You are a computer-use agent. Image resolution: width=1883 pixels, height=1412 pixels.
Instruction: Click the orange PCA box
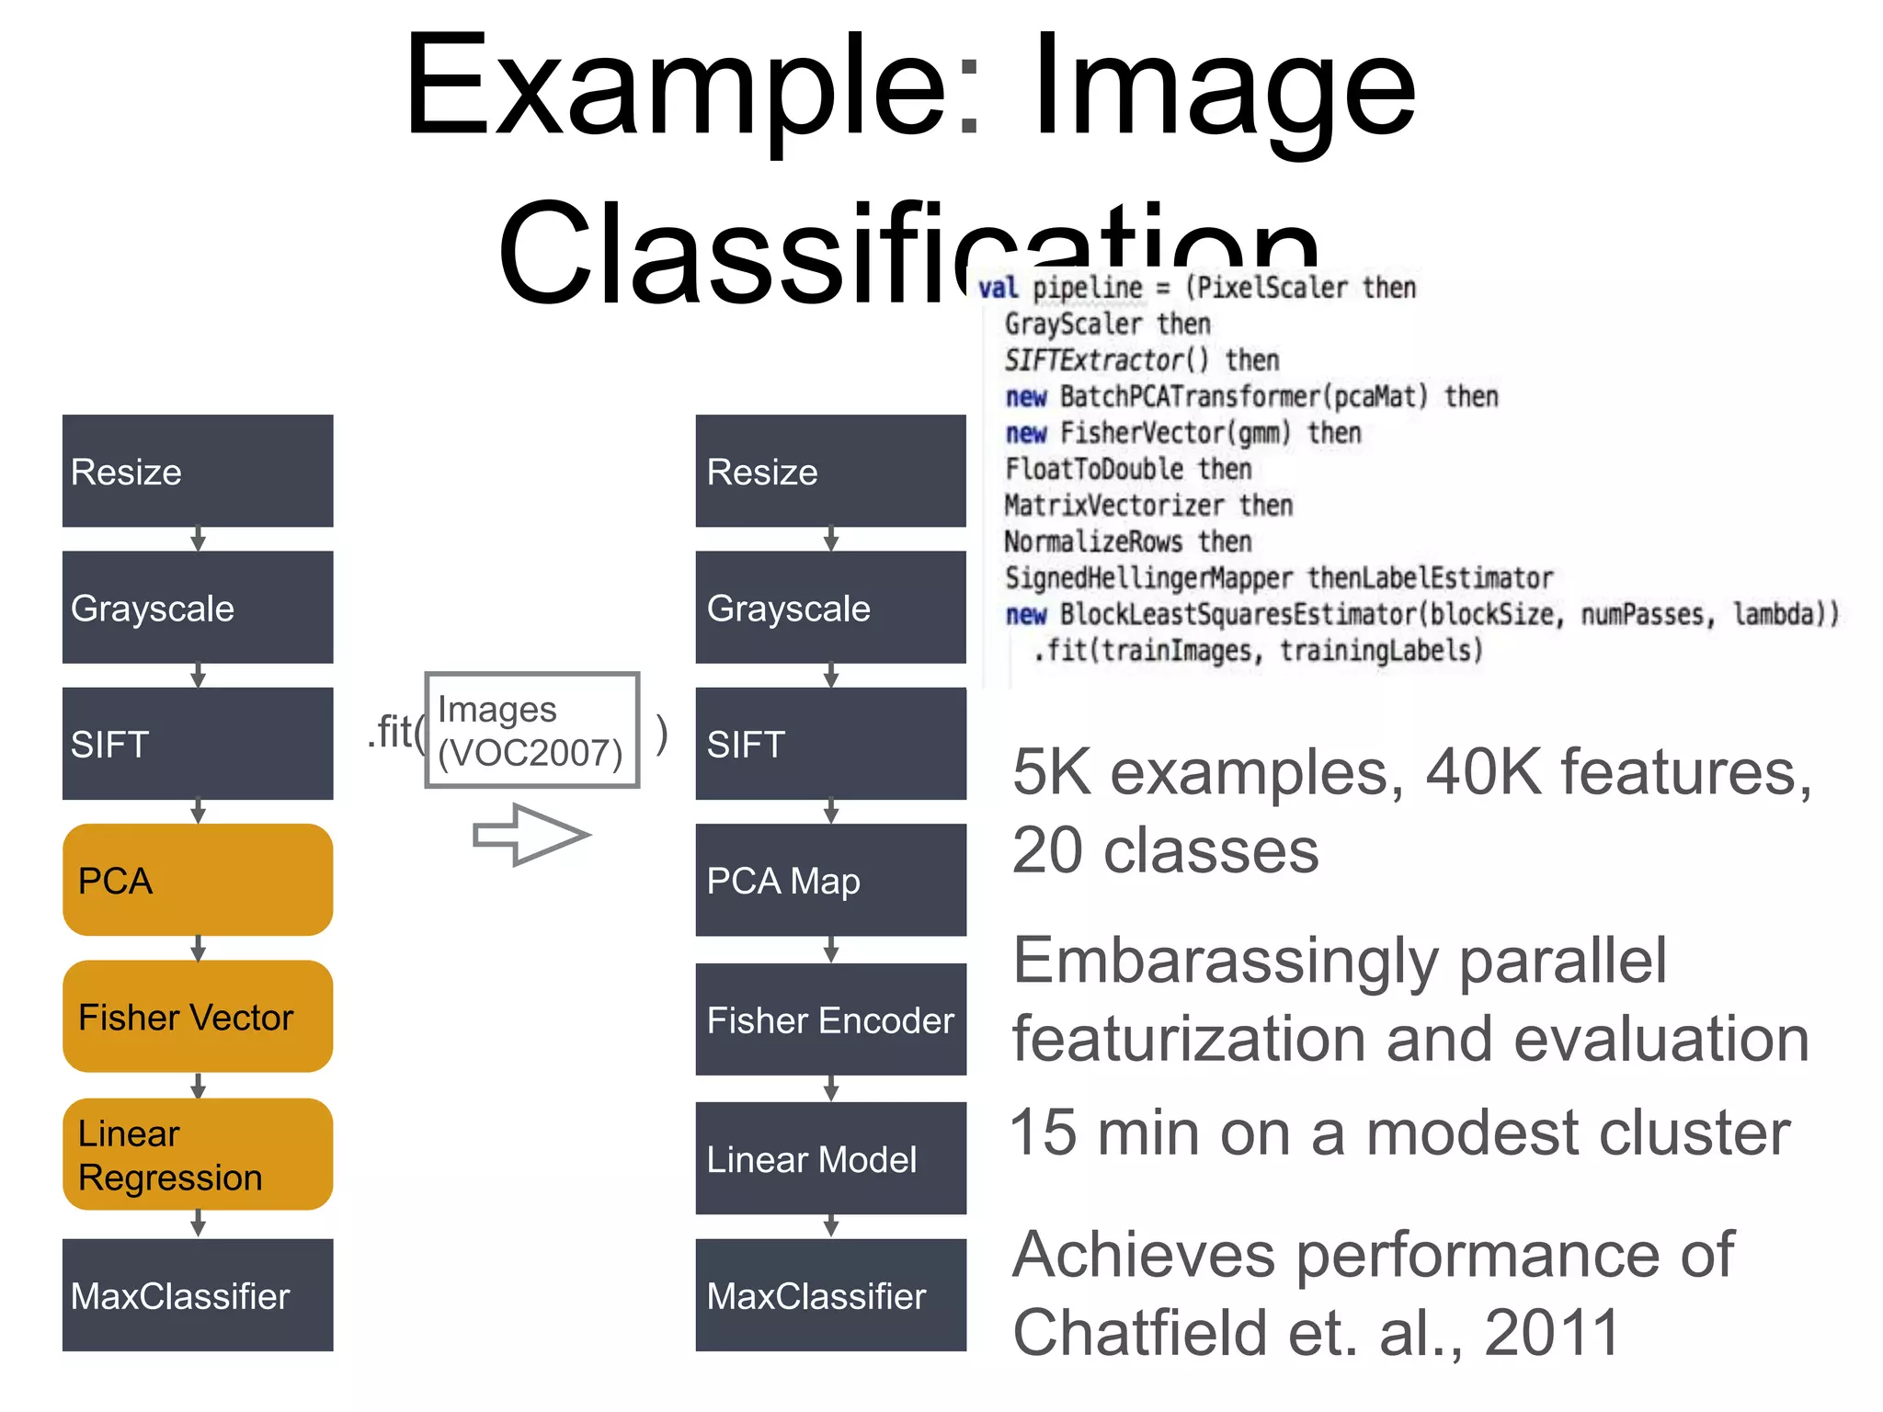point(198,880)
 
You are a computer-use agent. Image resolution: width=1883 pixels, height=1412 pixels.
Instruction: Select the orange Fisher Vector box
point(198,1017)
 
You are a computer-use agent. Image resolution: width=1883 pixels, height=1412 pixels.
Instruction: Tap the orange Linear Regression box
point(198,1155)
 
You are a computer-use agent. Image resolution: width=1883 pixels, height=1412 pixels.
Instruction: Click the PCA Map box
point(830,880)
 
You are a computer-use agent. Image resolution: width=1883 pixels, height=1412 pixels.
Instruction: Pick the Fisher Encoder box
point(830,1019)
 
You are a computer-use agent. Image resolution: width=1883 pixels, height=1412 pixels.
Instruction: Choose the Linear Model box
point(830,1158)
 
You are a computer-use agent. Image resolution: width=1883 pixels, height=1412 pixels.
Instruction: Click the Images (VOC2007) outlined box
point(531,730)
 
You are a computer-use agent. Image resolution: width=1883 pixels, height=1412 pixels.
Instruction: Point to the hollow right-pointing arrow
point(531,835)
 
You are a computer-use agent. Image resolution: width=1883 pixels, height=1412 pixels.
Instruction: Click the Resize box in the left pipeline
point(198,471)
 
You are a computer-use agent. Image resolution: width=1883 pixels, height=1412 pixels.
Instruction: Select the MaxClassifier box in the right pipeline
point(830,1294)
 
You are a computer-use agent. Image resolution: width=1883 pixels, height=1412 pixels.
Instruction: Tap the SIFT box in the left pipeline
point(198,744)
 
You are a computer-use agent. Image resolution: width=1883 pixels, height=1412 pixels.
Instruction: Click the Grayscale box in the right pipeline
point(830,608)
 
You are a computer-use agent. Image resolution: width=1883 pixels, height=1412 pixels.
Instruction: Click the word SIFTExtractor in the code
point(1094,359)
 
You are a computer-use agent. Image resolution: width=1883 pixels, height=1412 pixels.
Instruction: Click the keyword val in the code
point(998,288)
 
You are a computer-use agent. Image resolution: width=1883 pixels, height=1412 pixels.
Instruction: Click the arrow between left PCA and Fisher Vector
point(198,949)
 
